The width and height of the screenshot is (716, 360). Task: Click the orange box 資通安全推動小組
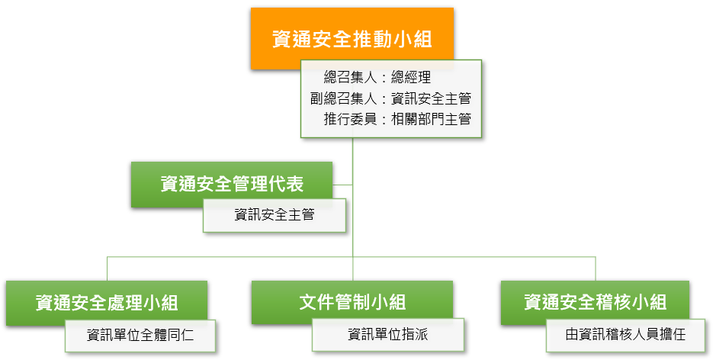352,38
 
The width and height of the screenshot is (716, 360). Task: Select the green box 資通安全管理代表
232,184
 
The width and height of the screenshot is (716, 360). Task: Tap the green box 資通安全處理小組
107,302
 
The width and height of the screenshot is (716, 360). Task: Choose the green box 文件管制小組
352,302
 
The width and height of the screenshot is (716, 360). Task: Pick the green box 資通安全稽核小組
595,302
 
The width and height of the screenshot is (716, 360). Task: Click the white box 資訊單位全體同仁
140,335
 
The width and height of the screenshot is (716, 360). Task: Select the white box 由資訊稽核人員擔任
625,335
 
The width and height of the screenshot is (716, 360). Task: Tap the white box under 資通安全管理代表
275,215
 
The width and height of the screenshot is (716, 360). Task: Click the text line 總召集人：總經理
377,77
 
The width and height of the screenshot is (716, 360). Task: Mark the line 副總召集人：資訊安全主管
391,98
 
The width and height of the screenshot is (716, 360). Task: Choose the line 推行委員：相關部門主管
397,120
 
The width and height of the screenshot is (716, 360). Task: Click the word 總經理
411,77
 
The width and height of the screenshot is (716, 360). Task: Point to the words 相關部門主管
432,120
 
